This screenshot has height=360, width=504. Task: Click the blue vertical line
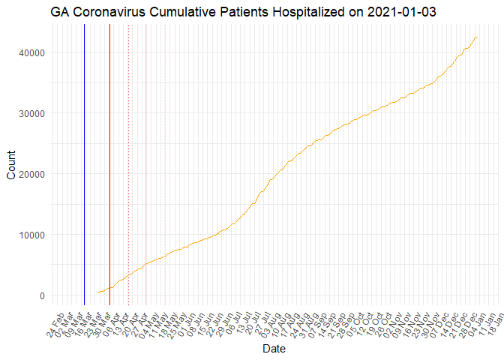84,165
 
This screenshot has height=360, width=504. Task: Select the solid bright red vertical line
109,165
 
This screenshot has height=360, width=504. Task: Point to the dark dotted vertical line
128,165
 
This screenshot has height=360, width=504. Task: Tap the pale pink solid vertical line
145,165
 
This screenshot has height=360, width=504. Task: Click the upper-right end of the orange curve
478,37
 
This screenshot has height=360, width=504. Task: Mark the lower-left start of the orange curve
97,293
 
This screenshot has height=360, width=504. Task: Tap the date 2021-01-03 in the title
401,12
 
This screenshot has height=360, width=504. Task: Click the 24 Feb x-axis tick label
49,320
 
